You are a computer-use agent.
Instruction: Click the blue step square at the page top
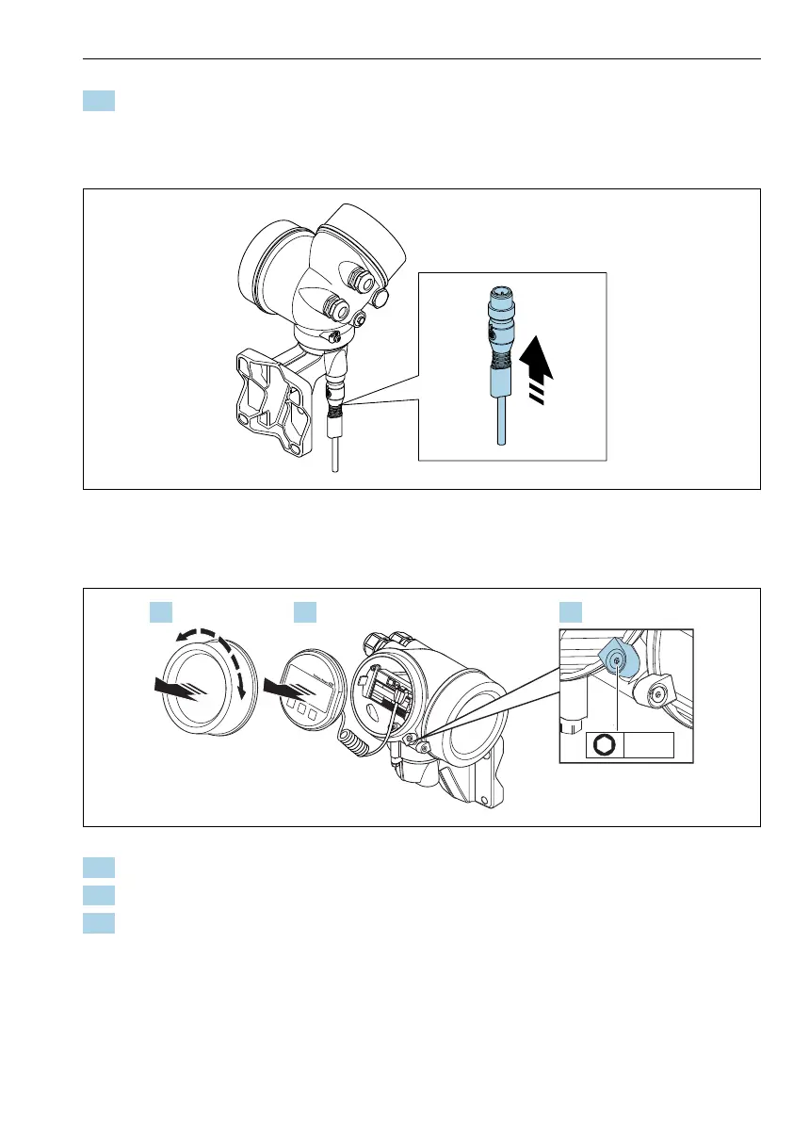pos(99,100)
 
